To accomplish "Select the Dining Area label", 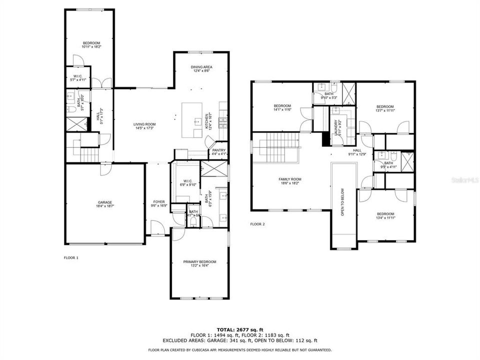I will coord(201,68).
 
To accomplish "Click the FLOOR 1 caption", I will coord(71,257).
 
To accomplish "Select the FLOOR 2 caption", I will coord(257,224).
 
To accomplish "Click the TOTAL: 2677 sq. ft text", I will coord(240,329).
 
